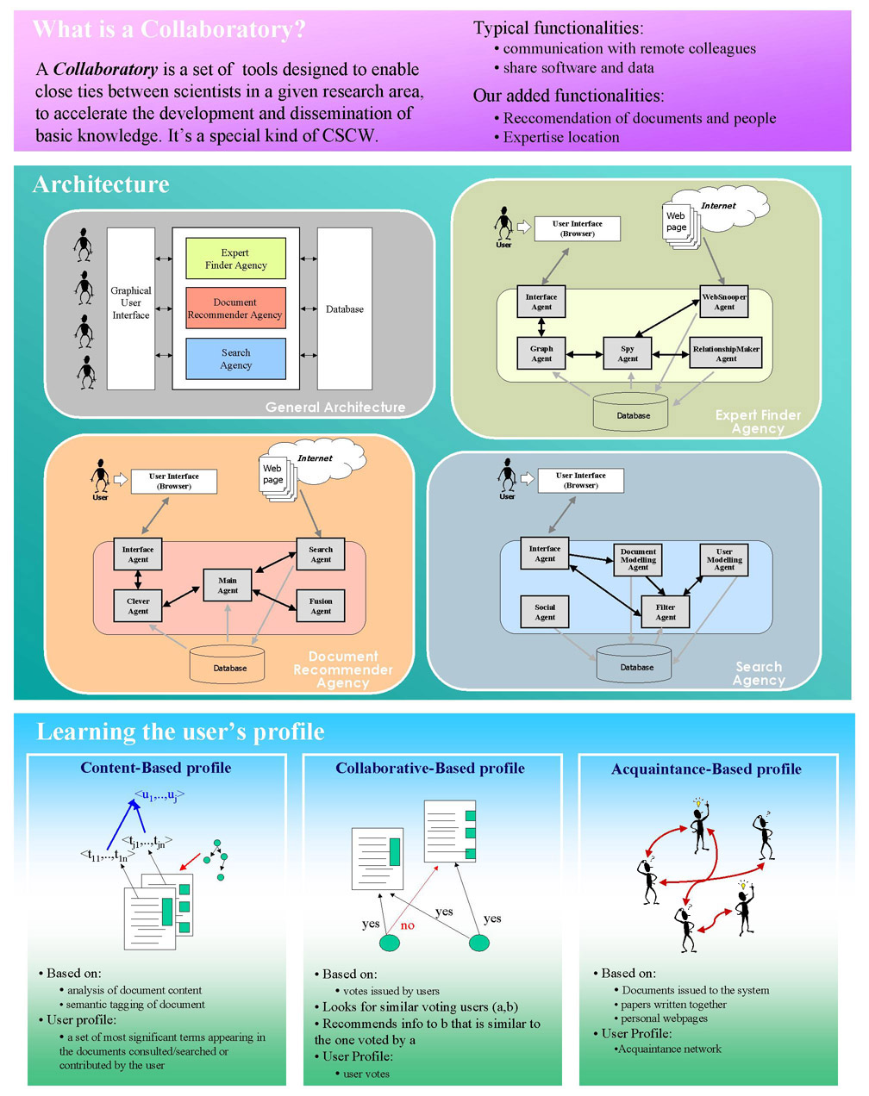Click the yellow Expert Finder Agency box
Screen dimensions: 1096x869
coord(235,258)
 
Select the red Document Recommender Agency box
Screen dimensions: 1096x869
coord(235,308)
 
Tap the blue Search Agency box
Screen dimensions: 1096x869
coord(235,358)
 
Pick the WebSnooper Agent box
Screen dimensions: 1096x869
coord(724,302)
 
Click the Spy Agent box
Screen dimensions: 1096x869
coord(628,353)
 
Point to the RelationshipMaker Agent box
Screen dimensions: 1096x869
coord(726,353)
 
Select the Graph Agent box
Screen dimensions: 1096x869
coord(541,353)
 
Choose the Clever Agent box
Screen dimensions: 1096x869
coord(138,606)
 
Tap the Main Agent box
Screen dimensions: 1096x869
coord(228,585)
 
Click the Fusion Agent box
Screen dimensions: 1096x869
coord(321,606)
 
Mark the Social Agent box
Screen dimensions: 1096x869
coord(545,612)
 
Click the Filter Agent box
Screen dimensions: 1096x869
coord(666,612)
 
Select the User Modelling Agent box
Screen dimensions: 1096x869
coord(724,560)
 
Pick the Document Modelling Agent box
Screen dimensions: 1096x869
coord(638,560)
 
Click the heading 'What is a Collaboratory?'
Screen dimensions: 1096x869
coord(169,29)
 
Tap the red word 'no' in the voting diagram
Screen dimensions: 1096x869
coord(408,925)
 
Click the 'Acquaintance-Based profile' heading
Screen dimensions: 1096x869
coord(706,769)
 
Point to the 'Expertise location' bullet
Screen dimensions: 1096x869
coord(561,137)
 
